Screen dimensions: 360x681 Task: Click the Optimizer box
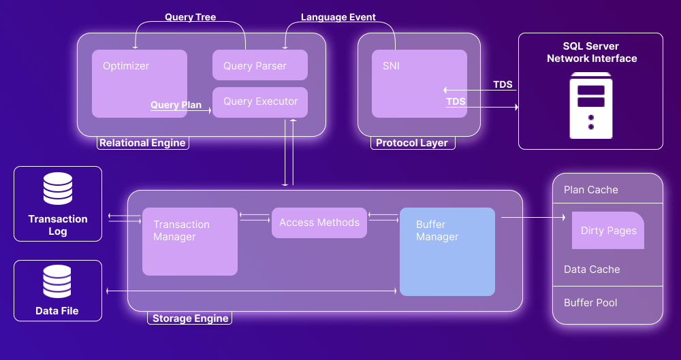pyautogui.click(x=139, y=83)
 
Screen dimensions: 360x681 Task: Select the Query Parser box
pyautogui.click(x=260, y=65)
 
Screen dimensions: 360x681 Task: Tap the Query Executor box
pyautogui.click(x=260, y=102)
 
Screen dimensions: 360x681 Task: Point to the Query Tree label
pyautogui.click(x=190, y=17)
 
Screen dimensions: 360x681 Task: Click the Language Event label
pyautogui.click(x=338, y=17)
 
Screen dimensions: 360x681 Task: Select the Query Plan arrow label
pyautogui.click(x=176, y=105)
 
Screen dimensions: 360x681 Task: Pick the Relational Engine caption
pyautogui.click(x=142, y=143)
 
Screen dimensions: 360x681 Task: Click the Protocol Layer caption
pyautogui.click(x=412, y=143)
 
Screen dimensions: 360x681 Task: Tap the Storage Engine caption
pyautogui.click(x=191, y=318)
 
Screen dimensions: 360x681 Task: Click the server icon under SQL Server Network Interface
pyautogui.click(x=591, y=108)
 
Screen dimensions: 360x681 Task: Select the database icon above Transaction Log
pyautogui.click(x=58, y=189)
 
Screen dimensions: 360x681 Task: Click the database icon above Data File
pyautogui.click(x=58, y=282)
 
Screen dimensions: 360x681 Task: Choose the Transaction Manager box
pyautogui.click(x=189, y=242)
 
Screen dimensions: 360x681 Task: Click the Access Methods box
pyautogui.click(x=319, y=223)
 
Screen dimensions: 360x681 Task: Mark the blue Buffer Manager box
pyautogui.click(x=447, y=252)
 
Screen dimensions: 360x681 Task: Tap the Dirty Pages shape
pyautogui.click(x=608, y=231)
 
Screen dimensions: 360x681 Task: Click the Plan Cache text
pyautogui.click(x=591, y=190)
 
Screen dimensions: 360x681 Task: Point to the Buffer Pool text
pyautogui.click(x=590, y=302)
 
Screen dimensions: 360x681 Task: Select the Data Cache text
pyautogui.click(x=592, y=269)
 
